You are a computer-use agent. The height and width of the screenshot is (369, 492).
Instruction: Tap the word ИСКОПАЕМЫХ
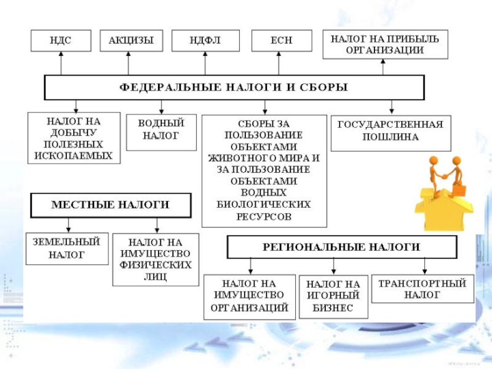click(x=73, y=156)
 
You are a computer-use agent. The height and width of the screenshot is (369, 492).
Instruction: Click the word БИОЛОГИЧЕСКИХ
click(x=264, y=205)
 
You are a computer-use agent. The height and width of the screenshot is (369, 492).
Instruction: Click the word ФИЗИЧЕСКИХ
click(x=156, y=265)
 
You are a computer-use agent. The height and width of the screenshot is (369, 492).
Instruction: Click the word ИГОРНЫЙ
click(x=333, y=295)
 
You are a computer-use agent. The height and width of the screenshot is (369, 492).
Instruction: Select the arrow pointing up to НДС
click(x=61, y=63)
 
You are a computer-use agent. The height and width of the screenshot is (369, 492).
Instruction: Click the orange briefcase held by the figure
click(x=459, y=190)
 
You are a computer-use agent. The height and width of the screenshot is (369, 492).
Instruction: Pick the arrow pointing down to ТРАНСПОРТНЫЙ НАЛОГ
click(x=424, y=266)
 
